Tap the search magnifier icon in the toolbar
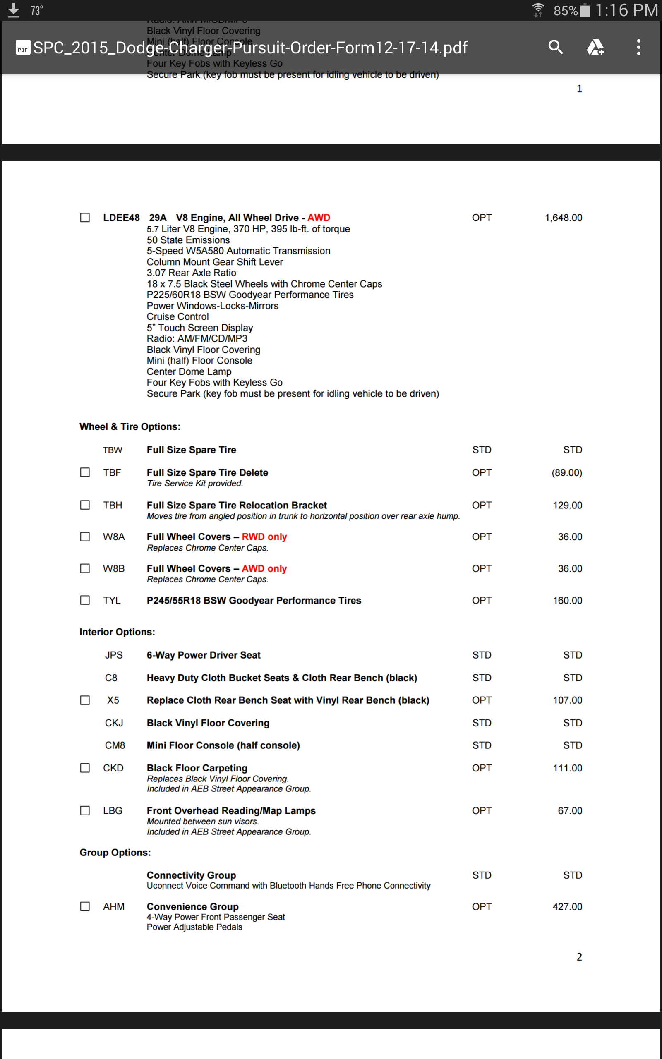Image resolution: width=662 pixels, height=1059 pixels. pyautogui.click(x=555, y=47)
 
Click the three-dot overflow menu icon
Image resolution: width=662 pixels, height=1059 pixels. pyautogui.click(x=639, y=47)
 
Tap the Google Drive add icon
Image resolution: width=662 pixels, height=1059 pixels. pyautogui.click(x=595, y=47)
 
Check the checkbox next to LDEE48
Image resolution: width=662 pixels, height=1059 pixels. pyautogui.click(x=85, y=218)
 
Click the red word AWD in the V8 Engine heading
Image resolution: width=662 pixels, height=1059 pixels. pyautogui.click(x=319, y=218)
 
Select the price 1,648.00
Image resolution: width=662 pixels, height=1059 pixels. pyautogui.click(x=563, y=218)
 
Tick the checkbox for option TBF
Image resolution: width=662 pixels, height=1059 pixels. pyautogui.click(x=85, y=472)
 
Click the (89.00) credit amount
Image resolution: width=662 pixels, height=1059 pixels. pyautogui.click(x=566, y=472)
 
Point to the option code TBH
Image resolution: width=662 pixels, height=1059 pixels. pyautogui.click(x=113, y=505)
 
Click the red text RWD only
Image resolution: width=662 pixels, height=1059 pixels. pyautogui.click(x=264, y=537)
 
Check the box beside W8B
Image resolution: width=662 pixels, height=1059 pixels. pyautogui.click(x=85, y=568)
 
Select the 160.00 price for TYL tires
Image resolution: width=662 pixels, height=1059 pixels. pyautogui.click(x=567, y=600)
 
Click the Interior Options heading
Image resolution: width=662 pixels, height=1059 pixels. pyautogui.click(x=117, y=632)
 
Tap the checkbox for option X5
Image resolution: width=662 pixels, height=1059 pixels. pyautogui.click(x=85, y=700)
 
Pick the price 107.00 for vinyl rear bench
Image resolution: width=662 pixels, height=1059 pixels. pyautogui.click(x=567, y=700)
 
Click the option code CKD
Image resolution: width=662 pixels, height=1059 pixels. pyautogui.click(x=113, y=768)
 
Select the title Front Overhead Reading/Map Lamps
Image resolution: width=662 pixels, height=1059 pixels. pyautogui.click(x=231, y=810)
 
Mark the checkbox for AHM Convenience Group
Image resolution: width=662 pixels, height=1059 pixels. pyautogui.click(x=85, y=906)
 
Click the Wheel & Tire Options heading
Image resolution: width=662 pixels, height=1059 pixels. pyautogui.click(x=130, y=426)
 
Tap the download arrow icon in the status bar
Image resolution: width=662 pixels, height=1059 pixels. pyautogui.click(x=14, y=10)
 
